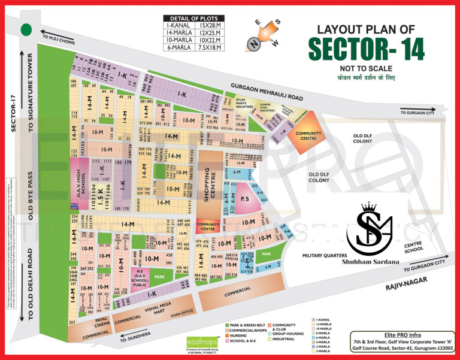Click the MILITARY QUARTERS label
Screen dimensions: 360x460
[327, 256]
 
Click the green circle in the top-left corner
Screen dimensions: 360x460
[26, 30]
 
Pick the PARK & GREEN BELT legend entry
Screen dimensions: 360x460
[246, 325]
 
